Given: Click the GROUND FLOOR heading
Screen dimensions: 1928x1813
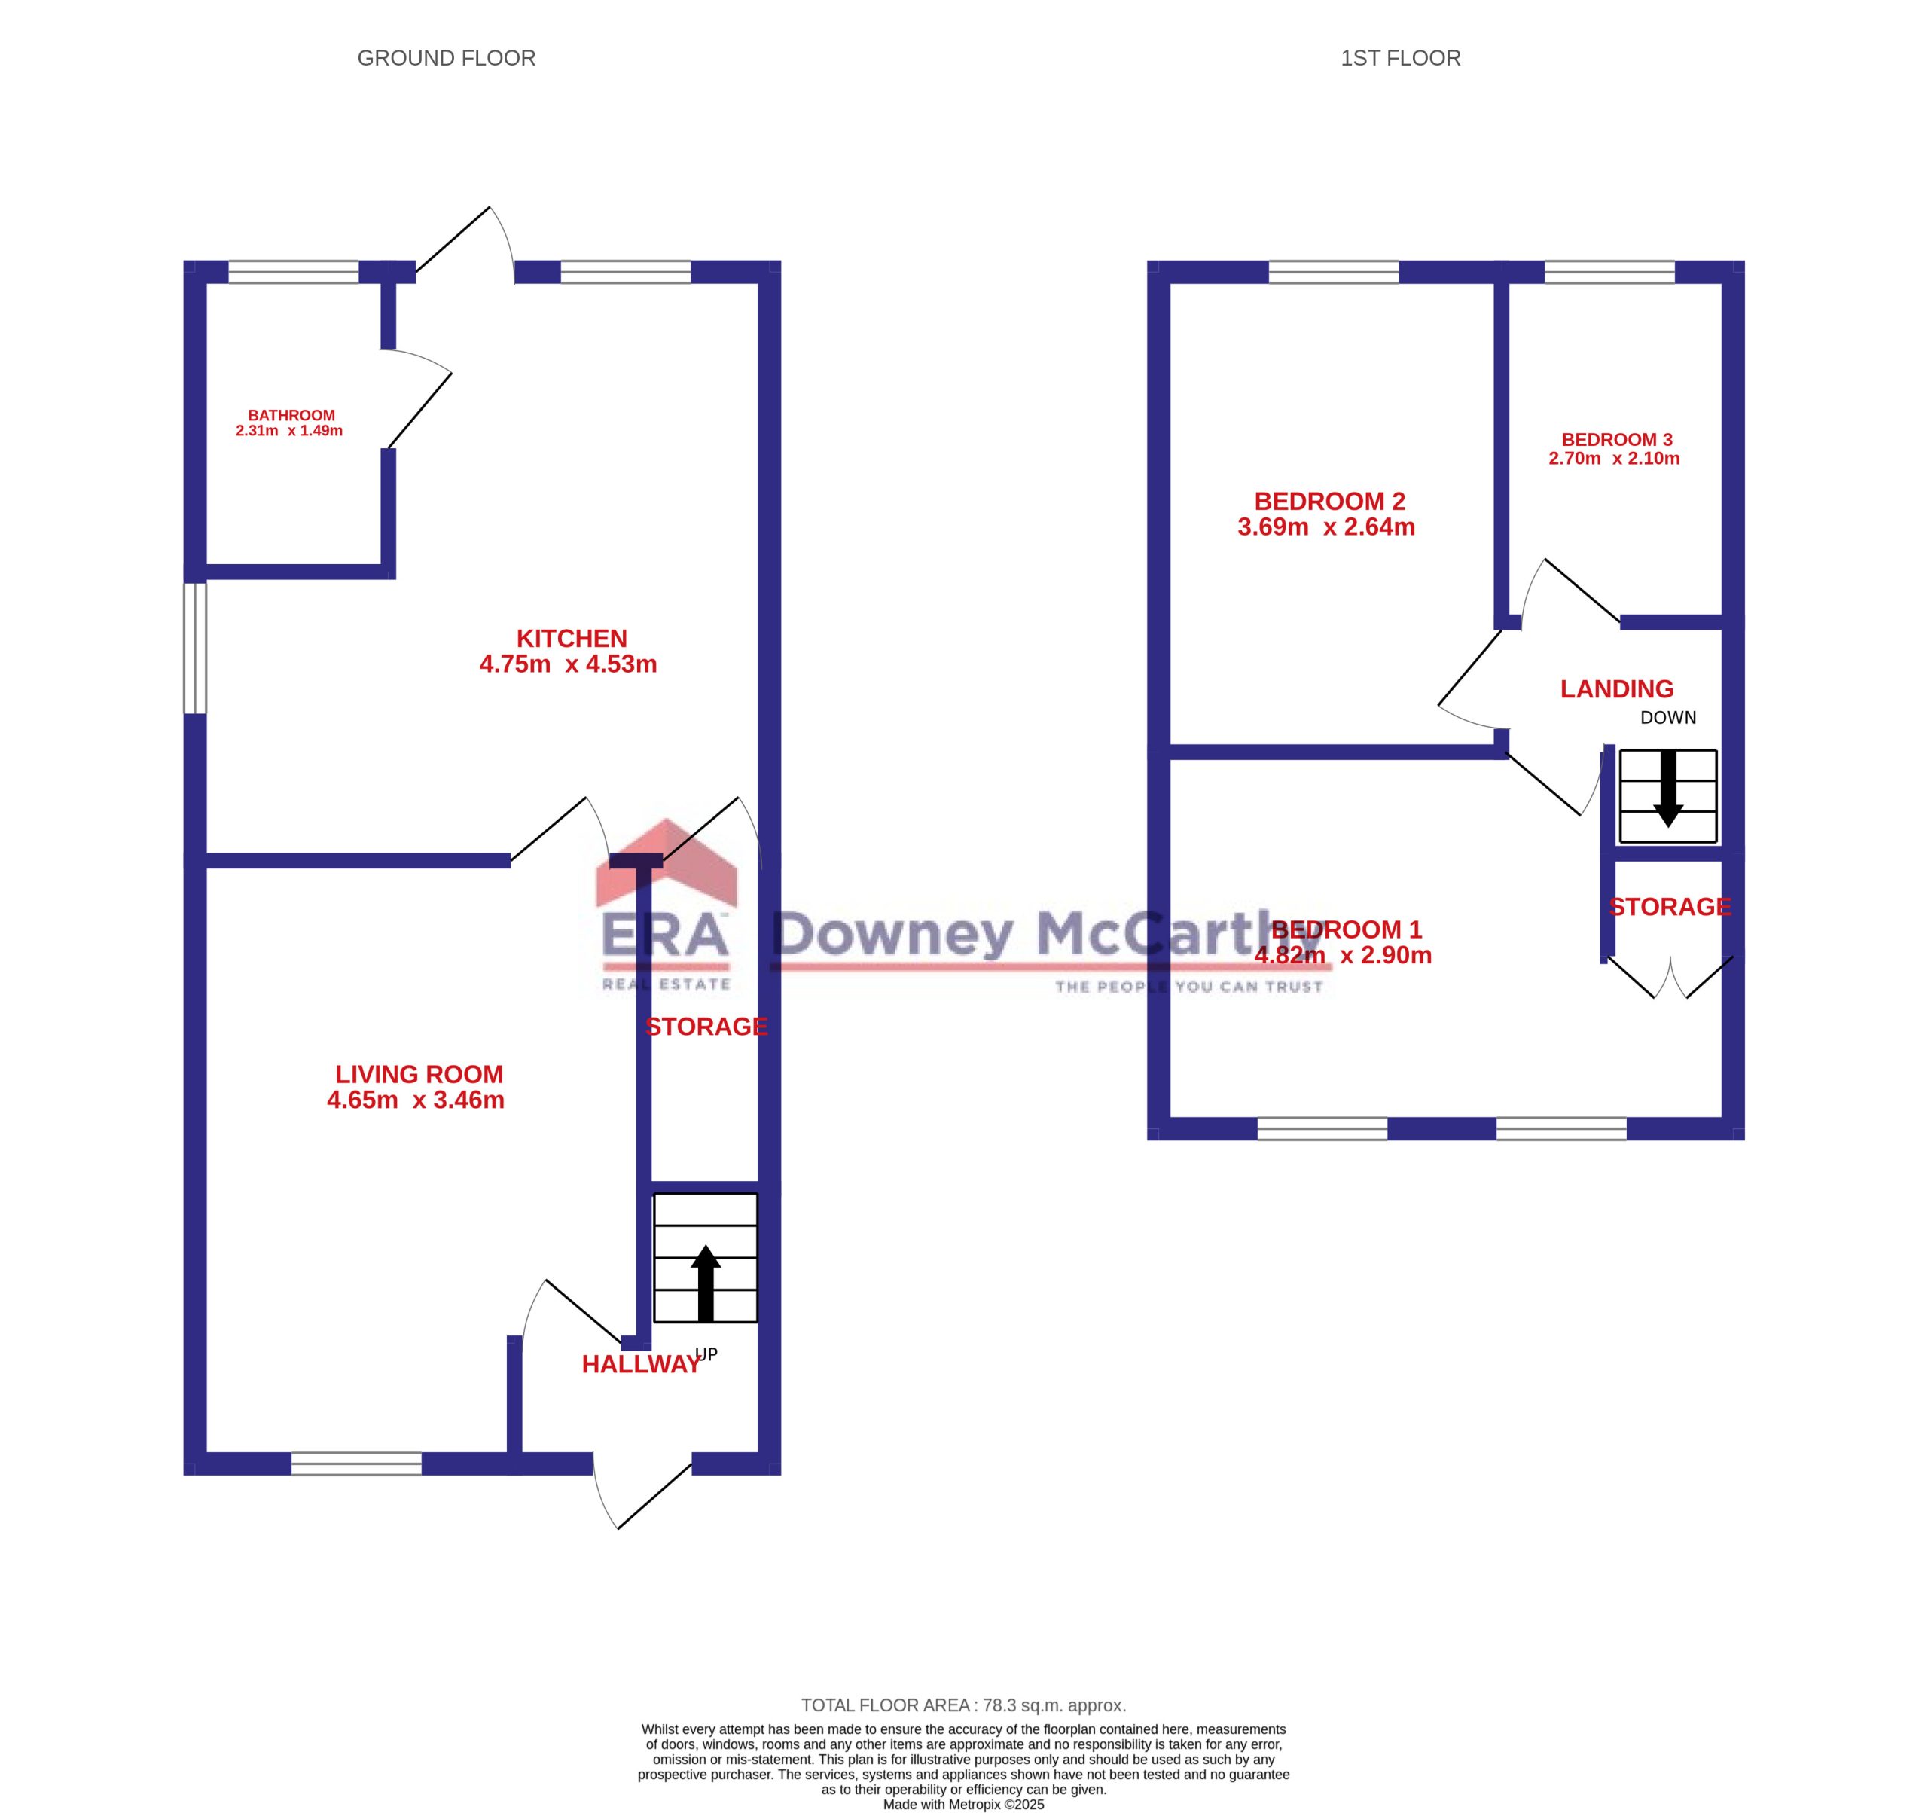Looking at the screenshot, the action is click(446, 58).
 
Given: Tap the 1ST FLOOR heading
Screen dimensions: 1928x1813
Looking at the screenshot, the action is click(1400, 58).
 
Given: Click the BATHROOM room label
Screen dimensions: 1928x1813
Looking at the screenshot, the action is click(291, 415).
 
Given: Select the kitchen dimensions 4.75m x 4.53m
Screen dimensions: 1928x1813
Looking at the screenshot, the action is click(569, 664).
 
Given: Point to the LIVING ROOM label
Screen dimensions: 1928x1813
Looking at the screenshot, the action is click(419, 1075).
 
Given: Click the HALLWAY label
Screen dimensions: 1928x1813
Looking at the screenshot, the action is click(641, 1365).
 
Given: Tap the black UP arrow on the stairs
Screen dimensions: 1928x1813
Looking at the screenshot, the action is click(706, 1283).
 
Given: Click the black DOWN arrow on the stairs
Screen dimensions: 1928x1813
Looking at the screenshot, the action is click(1668, 789).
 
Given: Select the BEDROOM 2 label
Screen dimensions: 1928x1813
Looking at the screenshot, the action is click(1329, 502).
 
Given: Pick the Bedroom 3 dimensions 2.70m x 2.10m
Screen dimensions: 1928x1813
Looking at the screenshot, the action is click(1614, 459).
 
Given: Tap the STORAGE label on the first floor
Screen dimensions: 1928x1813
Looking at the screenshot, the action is click(1670, 907).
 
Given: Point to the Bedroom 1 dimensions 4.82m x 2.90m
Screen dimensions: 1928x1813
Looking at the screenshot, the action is click(1344, 956).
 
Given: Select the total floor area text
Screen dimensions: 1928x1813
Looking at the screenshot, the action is click(964, 1705).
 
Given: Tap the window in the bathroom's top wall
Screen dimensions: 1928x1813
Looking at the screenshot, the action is click(293, 272).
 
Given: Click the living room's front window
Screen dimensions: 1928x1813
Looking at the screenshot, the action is click(357, 1464).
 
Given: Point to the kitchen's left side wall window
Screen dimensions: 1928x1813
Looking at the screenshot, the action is click(195, 648).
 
